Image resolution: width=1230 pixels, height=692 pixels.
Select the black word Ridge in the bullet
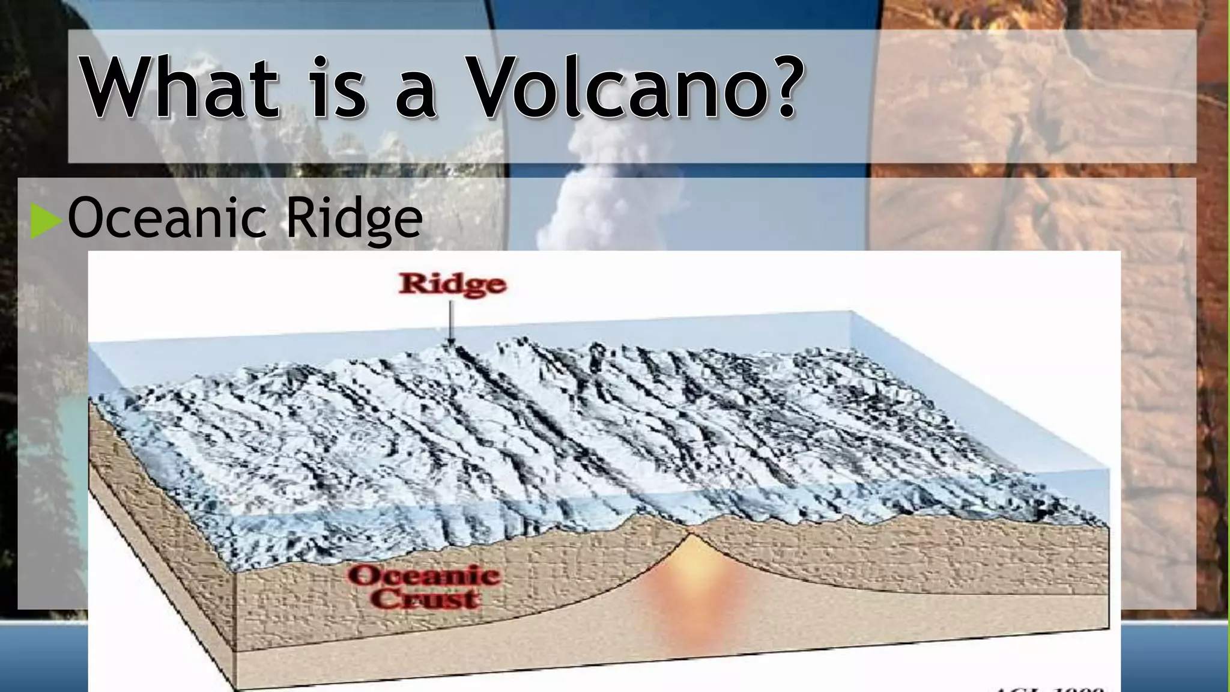(354, 219)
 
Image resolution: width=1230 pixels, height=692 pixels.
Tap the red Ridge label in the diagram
(452, 285)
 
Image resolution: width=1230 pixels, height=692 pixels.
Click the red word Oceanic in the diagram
(424, 576)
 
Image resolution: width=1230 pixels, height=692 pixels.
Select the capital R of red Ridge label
(411, 284)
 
